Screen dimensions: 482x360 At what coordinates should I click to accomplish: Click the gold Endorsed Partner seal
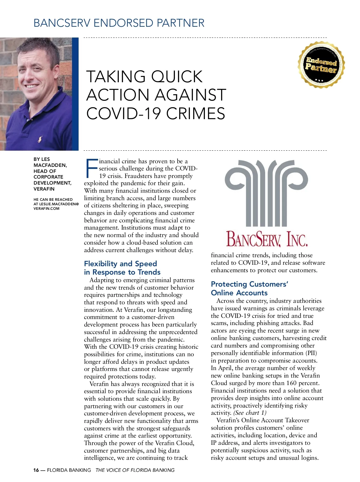(x=321, y=65)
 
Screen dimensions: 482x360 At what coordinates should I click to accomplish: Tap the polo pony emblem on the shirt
(x=40, y=139)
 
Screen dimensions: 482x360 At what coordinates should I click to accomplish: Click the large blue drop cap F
(x=91, y=168)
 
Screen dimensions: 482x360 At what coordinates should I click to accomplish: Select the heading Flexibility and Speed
(x=120, y=264)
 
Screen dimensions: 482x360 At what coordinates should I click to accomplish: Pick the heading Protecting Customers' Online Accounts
(x=249, y=288)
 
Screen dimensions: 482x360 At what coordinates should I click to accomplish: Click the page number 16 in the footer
(x=36, y=470)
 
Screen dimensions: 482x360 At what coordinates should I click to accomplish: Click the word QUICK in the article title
(x=177, y=77)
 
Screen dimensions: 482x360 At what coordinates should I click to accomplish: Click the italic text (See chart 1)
(x=250, y=413)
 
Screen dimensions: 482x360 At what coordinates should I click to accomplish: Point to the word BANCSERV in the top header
(x=62, y=23)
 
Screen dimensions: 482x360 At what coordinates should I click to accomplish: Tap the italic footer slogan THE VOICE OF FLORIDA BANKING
(x=135, y=470)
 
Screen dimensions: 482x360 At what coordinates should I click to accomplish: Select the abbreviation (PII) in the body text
(x=311, y=353)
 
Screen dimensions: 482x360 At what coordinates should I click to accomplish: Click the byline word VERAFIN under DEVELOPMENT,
(x=44, y=189)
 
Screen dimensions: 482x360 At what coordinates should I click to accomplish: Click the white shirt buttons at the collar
(x=28, y=119)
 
